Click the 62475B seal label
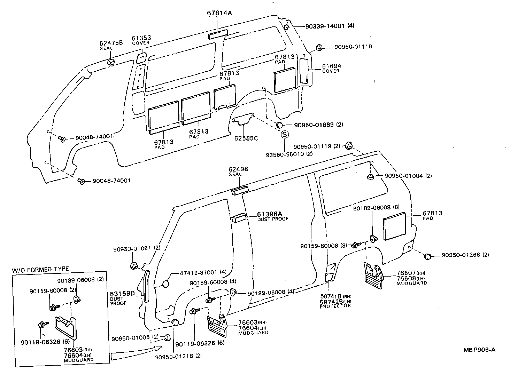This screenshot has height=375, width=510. coord(111,43)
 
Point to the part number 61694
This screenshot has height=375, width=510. coord(331,66)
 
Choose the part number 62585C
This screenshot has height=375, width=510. coord(246,138)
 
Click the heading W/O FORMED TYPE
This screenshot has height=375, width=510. coord(40,269)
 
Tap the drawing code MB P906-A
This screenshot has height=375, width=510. coord(479,350)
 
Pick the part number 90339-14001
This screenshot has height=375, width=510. coord(325,26)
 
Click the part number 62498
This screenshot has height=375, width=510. coord(238,169)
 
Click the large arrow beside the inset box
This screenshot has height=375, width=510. coord(136,353)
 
